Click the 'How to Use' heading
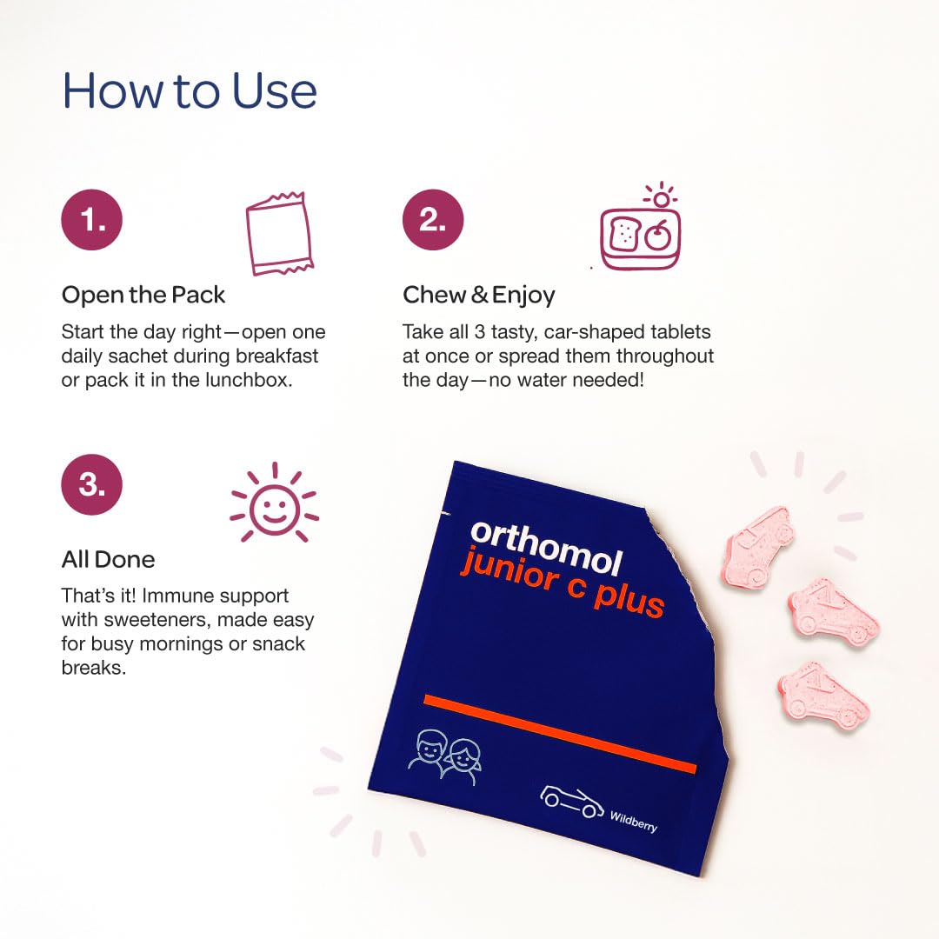coord(190,91)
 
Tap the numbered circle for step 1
coord(91,220)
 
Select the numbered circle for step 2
coord(432,220)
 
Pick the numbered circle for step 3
coord(91,484)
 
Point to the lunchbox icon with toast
coord(641,232)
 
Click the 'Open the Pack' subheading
coord(143,295)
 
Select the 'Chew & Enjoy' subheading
coord(478,295)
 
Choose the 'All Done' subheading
coord(108,559)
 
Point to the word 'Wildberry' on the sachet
coord(633,821)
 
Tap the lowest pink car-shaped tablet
coord(823,695)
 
